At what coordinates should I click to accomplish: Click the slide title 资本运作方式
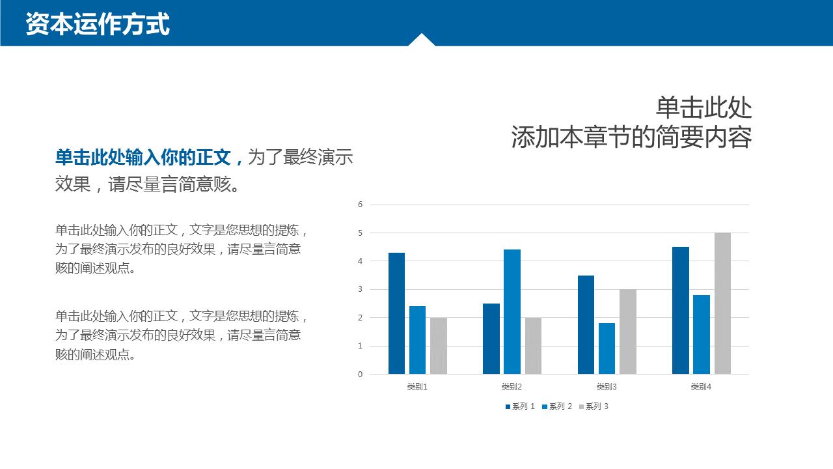98,24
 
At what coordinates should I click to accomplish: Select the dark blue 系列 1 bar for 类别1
396,313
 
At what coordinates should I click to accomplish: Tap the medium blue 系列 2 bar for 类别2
512,312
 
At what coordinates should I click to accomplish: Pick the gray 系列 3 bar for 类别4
722,304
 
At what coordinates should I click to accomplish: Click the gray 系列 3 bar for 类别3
628,332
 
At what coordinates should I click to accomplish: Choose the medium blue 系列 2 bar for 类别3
607,348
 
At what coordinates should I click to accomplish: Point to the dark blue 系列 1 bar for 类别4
680,311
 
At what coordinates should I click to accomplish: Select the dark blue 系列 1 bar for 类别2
491,339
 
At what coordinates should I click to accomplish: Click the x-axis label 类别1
417,387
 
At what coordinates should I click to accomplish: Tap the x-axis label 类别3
607,387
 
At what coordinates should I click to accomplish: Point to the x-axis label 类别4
701,387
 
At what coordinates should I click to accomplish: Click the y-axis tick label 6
360,205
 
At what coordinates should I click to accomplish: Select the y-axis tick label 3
360,289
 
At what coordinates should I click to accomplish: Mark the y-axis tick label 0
360,375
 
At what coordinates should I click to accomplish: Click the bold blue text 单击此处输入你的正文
143,157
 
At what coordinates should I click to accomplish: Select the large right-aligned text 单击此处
703,108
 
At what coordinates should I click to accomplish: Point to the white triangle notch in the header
422,40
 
